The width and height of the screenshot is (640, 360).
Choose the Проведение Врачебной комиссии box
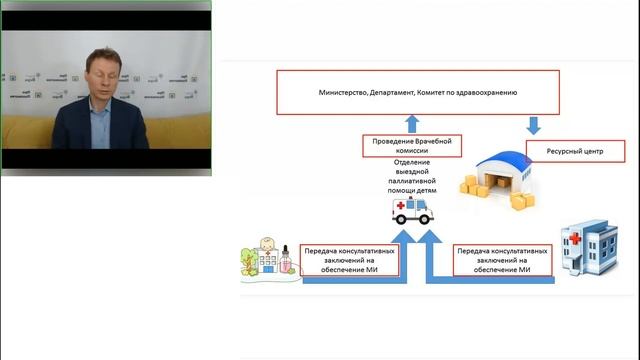point(412,148)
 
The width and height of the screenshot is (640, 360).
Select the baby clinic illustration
point(269,258)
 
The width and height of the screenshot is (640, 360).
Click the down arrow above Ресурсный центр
point(533,126)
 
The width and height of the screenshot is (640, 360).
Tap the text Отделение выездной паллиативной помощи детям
point(417,177)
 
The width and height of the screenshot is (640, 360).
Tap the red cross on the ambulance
point(402,205)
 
